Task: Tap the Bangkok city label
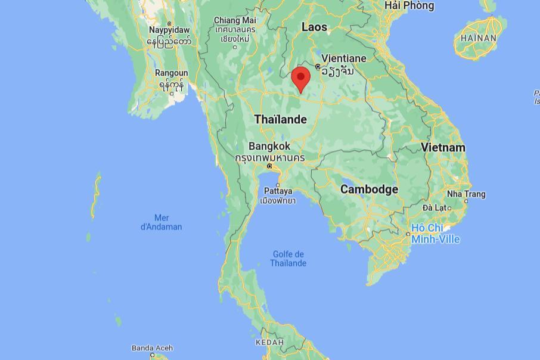pos(269,146)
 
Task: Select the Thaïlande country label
pos(280,119)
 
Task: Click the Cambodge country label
pos(369,189)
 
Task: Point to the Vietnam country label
pos(443,147)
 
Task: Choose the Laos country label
pos(314,27)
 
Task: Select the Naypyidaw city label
pos(169,30)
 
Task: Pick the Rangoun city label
pos(171,73)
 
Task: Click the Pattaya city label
pos(278,191)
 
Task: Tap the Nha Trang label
pos(466,194)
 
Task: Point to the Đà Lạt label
pos(435,207)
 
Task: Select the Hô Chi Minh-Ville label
pos(435,233)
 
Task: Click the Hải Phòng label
pos(409,5)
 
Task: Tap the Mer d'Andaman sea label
pos(161,222)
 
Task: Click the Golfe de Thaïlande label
pos(288,259)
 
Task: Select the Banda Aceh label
pos(152,348)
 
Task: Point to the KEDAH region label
pos(269,343)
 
